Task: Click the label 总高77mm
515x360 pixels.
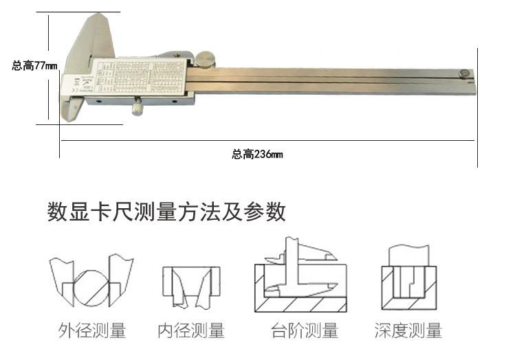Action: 34,66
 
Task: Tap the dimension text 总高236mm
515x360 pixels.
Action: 257,155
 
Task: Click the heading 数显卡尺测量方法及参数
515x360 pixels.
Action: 166,212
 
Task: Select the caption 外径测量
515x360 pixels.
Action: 92,331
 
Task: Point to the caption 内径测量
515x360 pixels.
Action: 191,331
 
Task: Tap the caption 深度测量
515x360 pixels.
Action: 408,331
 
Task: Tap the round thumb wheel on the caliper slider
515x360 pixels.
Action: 205,60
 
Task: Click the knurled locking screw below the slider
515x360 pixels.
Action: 138,106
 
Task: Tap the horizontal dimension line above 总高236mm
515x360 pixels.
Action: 268,141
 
